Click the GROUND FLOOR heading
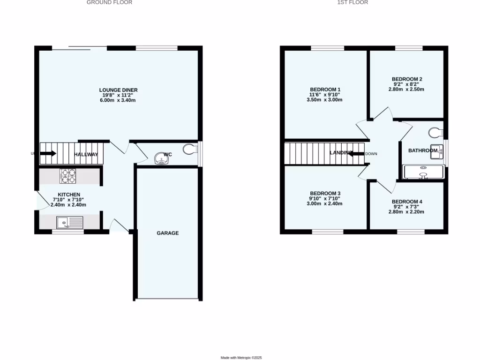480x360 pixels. [x=109, y=2]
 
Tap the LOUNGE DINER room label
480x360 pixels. [x=118, y=90]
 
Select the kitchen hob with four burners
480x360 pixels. [x=68, y=176]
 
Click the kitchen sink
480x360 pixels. [x=69, y=222]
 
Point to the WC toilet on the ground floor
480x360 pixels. [x=191, y=149]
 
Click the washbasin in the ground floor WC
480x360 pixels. [x=162, y=160]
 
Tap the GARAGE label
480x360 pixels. [x=167, y=233]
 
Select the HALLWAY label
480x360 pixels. [x=86, y=155]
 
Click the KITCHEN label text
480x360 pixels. [x=69, y=195]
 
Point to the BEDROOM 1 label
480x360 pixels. [x=325, y=90]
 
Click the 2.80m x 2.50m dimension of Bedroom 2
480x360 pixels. [x=406, y=89]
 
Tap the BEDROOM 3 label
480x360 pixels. [x=325, y=193]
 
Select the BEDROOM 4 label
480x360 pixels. [x=406, y=202]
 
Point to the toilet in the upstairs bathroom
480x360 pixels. [x=436, y=132]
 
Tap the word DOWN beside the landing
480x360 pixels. [x=371, y=154]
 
